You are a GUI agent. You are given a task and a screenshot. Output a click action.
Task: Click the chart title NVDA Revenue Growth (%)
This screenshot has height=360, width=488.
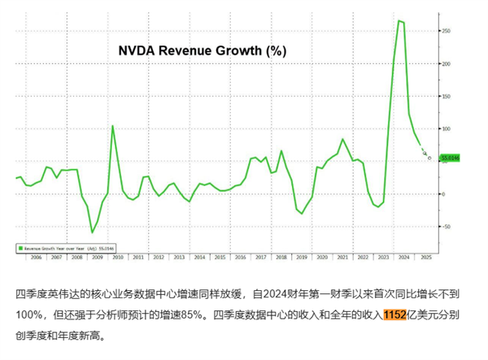coord(202,50)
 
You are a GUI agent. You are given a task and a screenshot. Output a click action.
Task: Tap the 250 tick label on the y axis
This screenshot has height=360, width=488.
coord(446,30)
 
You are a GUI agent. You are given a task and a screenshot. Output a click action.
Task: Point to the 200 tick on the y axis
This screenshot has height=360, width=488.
coord(446,63)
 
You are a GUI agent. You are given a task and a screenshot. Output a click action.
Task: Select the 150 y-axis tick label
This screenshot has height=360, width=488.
coord(446,96)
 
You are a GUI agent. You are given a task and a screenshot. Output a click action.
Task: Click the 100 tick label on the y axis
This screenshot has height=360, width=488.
coord(446,128)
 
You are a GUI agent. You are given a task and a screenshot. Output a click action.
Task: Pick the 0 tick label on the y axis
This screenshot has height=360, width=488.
coord(442,193)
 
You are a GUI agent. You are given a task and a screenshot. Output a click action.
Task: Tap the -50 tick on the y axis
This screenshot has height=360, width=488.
coord(445,227)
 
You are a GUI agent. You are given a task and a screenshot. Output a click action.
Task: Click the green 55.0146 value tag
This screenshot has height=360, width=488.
coord(450,157)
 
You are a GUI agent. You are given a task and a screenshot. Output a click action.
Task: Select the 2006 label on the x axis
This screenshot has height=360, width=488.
coord(35,256)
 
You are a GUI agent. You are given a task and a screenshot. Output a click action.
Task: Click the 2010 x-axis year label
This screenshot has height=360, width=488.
coord(118,256)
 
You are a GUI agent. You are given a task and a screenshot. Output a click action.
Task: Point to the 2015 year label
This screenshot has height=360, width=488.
coord(220,256)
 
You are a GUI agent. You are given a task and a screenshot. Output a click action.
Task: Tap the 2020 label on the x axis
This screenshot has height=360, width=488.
coord(322,256)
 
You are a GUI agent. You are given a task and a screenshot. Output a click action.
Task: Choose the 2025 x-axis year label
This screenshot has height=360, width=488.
coord(424,256)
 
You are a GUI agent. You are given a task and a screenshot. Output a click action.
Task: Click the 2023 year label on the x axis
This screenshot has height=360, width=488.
coord(383,256)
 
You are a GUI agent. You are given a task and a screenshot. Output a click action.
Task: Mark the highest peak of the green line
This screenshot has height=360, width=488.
coord(399,20)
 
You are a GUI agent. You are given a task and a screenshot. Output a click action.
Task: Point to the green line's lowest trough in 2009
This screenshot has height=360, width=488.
coord(92,232)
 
